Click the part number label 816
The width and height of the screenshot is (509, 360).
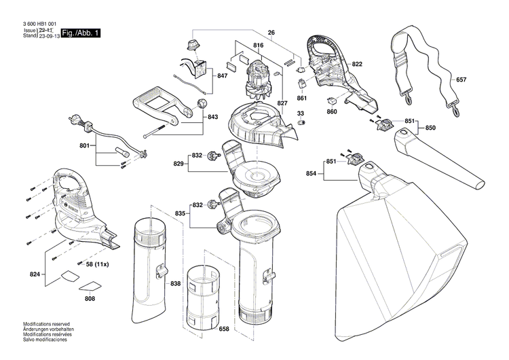click(258, 46)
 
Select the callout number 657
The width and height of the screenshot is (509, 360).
click(461, 79)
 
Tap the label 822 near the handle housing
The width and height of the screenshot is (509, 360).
click(357, 64)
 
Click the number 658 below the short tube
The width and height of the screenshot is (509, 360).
click(224, 329)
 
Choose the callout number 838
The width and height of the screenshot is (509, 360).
click(176, 283)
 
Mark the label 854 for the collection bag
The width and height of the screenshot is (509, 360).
click(310, 175)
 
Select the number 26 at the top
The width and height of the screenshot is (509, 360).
click(271, 33)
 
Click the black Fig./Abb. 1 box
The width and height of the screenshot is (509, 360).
click(80, 33)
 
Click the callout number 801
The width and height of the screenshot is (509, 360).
click(84, 145)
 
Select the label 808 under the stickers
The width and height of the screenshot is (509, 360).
click(90, 298)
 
